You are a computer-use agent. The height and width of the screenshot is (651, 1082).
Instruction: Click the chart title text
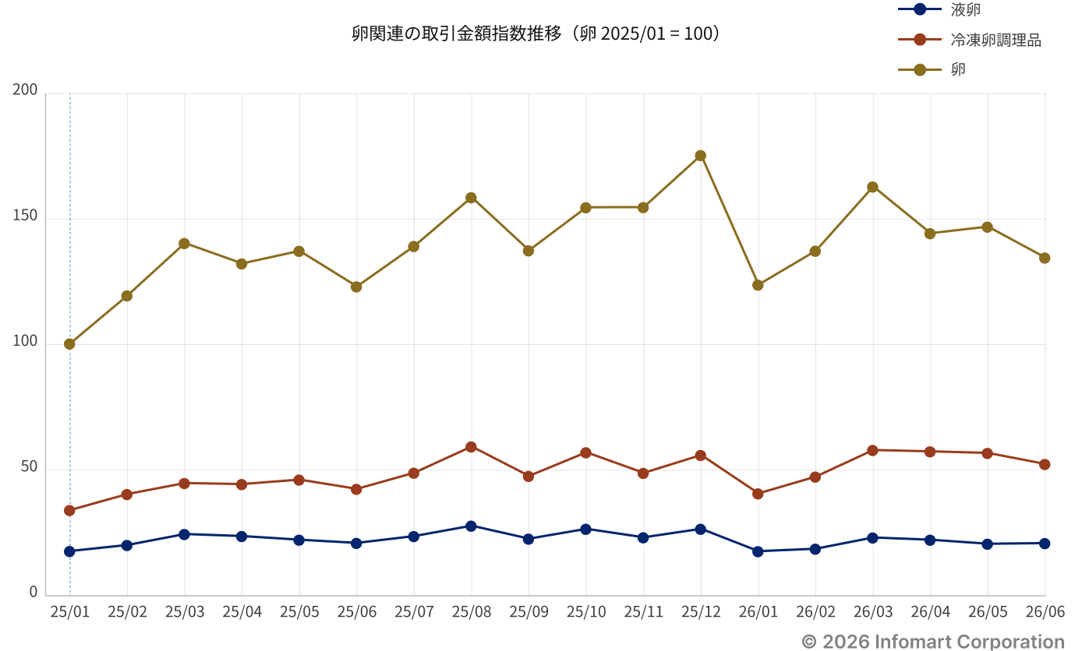[536, 33]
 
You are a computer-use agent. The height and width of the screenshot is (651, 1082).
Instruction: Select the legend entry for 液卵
[939, 9]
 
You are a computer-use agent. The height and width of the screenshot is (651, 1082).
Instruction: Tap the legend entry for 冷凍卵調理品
[970, 40]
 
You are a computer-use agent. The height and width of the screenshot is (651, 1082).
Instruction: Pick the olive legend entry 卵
[932, 70]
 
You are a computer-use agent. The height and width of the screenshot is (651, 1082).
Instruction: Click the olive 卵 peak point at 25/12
[700, 156]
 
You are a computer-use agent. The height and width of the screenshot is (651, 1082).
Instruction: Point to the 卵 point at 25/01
[69, 344]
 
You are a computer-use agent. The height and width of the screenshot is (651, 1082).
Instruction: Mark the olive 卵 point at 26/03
[872, 187]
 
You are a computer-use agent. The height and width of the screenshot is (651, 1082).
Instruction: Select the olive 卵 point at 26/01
[758, 285]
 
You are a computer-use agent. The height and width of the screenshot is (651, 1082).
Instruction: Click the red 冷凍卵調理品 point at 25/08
[471, 447]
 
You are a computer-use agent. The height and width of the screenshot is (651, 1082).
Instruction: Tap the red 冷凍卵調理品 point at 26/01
[758, 494]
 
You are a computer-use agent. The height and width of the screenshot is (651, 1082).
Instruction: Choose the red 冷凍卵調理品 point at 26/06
[1045, 464]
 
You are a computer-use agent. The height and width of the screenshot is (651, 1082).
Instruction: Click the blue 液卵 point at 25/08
[471, 526]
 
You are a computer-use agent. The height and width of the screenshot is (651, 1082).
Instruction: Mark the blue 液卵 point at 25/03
[184, 534]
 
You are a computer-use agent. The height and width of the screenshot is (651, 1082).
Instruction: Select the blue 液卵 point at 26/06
[1045, 544]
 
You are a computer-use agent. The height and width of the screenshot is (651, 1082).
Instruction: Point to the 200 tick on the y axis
[25, 90]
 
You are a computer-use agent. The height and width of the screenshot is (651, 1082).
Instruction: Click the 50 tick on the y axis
[29, 466]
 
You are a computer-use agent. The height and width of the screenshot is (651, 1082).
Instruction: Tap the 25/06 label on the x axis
[356, 612]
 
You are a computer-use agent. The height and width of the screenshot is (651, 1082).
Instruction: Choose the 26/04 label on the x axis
[930, 612]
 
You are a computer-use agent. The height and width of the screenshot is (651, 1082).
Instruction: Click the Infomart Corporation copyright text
[933, 642]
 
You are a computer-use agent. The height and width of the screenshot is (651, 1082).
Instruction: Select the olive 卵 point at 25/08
[471, 198]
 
